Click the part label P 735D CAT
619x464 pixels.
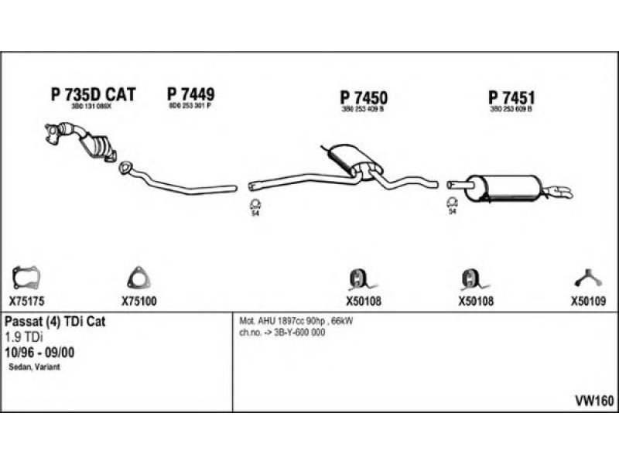93,94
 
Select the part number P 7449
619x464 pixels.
190,94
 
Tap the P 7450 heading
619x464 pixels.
363,98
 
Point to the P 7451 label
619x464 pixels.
511,98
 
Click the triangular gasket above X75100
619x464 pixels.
137,276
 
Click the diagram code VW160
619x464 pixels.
594,401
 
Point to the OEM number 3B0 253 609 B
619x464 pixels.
511,111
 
